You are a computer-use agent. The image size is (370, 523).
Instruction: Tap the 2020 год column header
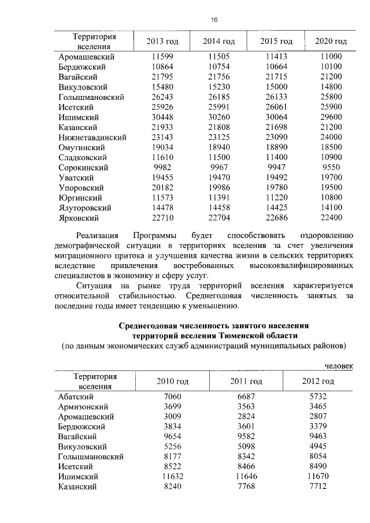[331, 42]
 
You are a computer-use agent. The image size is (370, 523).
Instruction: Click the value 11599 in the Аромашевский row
[159, 57]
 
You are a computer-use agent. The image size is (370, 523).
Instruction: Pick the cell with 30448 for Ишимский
[159, 117]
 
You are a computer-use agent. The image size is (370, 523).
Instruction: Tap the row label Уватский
[76, 177]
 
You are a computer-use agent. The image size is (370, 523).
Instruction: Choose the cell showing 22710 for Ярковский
[159, 217]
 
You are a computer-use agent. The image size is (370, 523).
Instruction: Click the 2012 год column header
[318, 381]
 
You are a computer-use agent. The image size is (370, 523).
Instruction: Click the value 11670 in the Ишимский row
[318, 476]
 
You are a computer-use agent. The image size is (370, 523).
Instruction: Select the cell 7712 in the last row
[318, 486]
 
